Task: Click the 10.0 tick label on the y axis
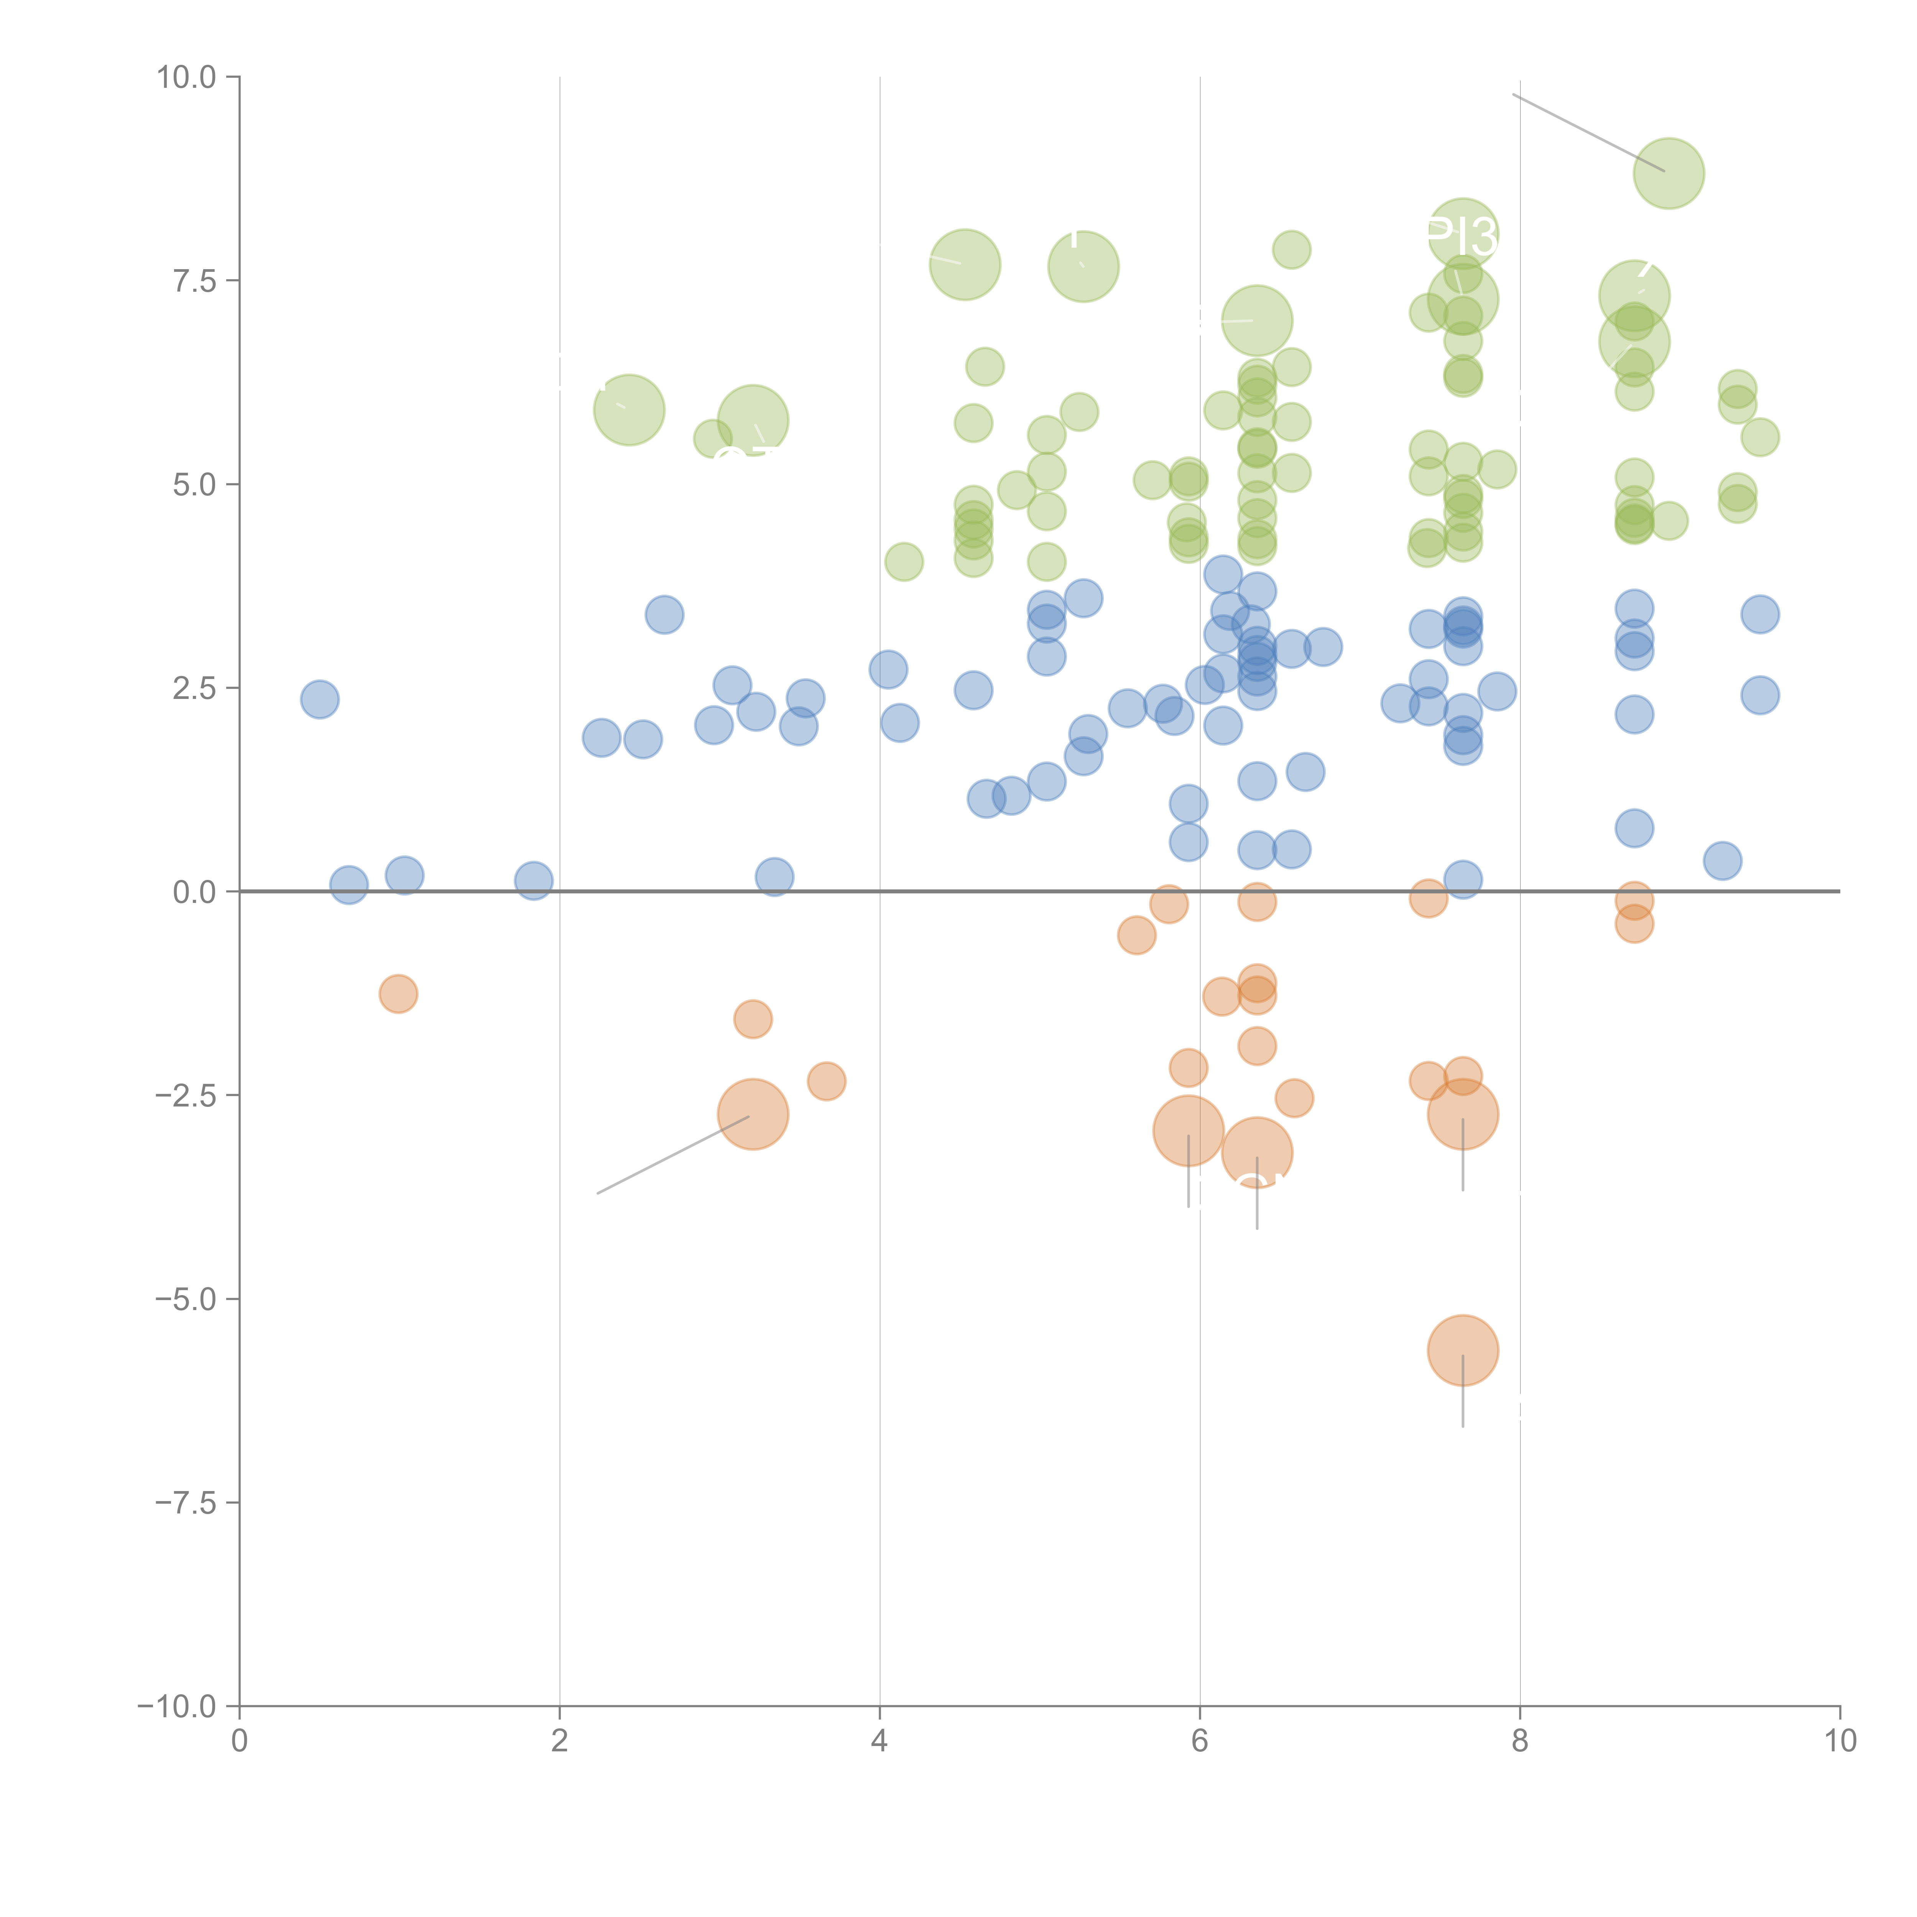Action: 187,77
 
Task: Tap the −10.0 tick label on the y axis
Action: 178,1707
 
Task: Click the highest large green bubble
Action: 1669,174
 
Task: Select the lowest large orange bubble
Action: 1463,1350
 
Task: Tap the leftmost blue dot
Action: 319,700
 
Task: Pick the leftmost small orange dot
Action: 398,994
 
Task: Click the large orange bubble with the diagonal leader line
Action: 753,1114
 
